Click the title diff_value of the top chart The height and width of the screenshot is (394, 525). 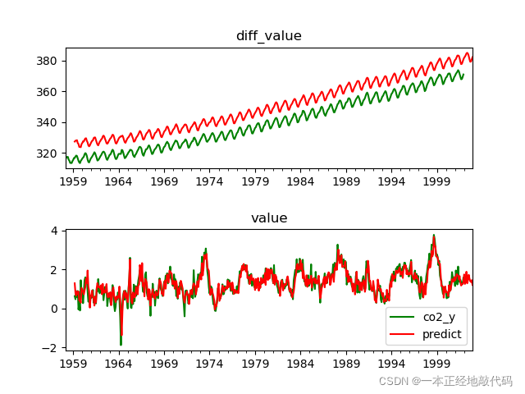pyautogui.click(x=268, y=36)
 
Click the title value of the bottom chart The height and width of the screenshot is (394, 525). pyautogui.click(x=268, y=218)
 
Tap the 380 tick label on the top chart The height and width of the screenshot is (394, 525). pyautogui.click(x=48, y=61)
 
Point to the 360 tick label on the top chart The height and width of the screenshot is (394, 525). pyautogui.click(x=48, y=92)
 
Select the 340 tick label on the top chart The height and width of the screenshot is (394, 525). pyautogui.click(x=48, y=122)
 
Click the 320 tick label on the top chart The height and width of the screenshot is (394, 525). pyautogui.click(x=48, y=153)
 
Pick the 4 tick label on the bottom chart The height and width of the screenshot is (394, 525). pyautogui.click(x=55, y=231)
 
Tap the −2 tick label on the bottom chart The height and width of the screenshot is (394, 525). pyautogui.click(x=52, y=348)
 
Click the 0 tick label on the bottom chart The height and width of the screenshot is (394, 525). pyautogui.click(x=55, y=309)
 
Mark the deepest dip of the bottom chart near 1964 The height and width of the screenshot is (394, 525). pyautogui.click(x=121, y=344)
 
